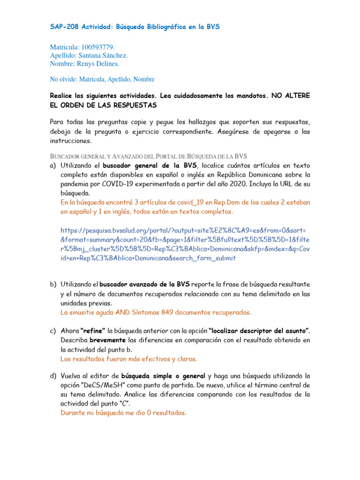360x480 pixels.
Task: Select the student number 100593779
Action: (97, 47)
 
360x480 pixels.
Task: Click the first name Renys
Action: (90, 63)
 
